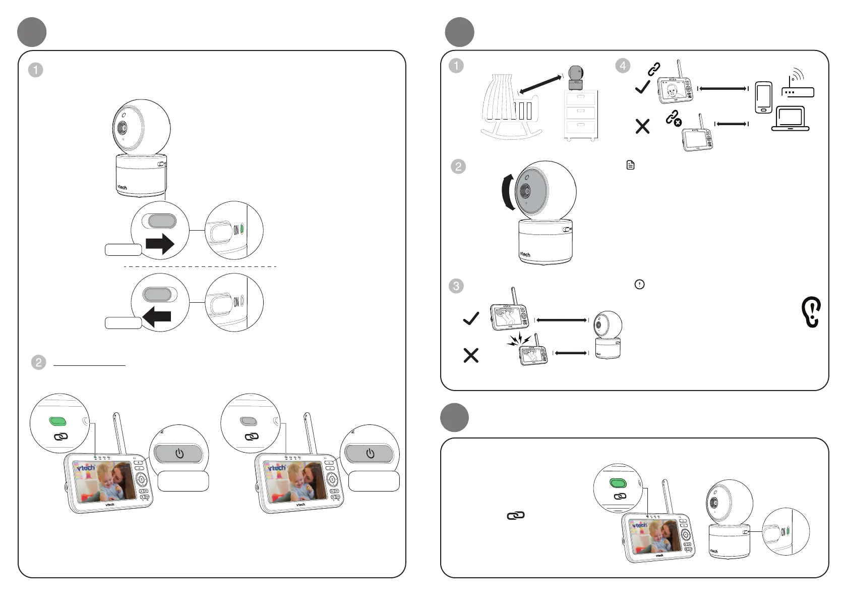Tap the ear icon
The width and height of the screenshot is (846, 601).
tap(811, 312)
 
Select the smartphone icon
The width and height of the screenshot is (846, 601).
tap(764, 97)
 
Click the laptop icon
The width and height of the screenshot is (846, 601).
tap(790, 119)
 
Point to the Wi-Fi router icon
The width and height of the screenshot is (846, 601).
tap(797, 85)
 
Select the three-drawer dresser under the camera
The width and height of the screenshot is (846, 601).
tap(580, 115)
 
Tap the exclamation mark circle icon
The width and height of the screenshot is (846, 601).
tap(639, 285)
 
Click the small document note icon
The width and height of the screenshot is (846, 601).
tap(630, 165)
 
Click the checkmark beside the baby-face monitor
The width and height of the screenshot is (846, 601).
tap(642, 88)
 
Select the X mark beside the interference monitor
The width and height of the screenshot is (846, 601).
tap(470, 356)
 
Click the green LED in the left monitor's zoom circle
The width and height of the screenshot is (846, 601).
tap(58, 421)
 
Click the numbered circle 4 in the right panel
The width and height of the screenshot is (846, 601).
tap(623, 66)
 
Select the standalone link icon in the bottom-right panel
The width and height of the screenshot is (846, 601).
tap(515, 515)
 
